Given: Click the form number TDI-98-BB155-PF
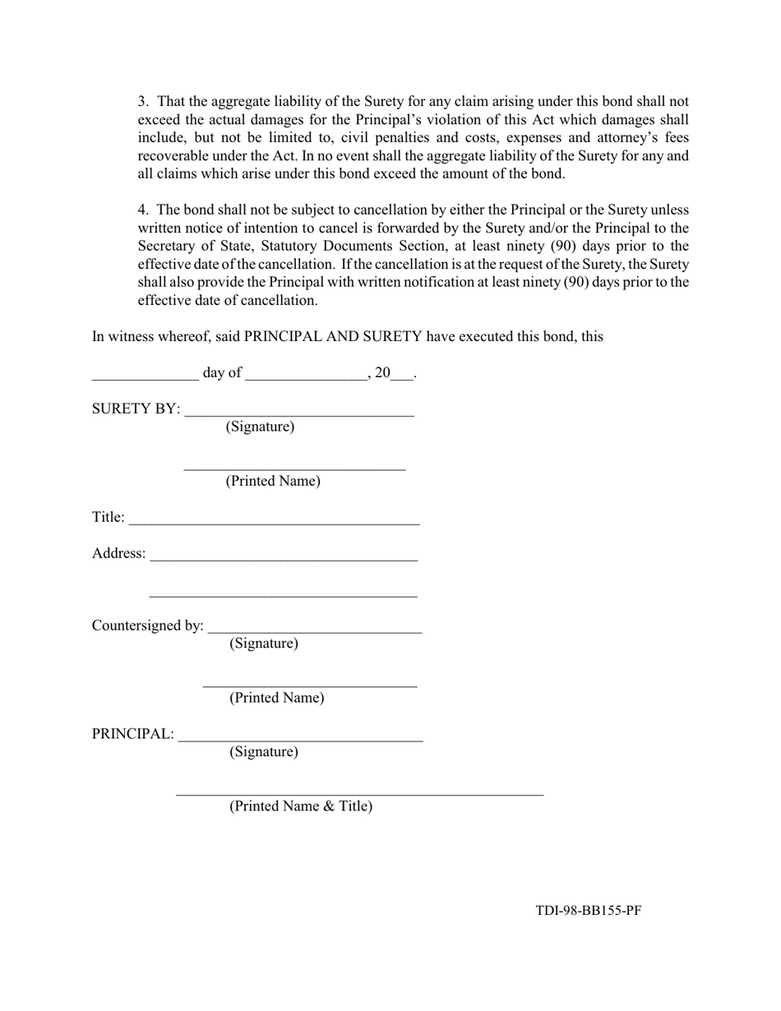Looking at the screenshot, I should (x=588, y=910).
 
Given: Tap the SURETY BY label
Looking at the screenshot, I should (x=136, y=409).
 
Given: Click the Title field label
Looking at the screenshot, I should (x=108, y=517).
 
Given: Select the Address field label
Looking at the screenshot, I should (x=118, y=553).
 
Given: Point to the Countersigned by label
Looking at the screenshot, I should (x=147, y=626).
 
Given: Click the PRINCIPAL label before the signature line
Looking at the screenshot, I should (x=132, y=733).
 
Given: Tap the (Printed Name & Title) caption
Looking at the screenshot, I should (x=300, y=806).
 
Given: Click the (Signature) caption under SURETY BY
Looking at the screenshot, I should (x=260, y=427).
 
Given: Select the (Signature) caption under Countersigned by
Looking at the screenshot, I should (x=263, y=643).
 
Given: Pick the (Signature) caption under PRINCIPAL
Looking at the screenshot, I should (x=263, y=751).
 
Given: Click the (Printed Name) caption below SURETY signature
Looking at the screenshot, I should (x=273, y=481).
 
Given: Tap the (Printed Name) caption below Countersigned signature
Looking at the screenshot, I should (x=276, y=698).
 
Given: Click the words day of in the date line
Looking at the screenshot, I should (x=222, y=372).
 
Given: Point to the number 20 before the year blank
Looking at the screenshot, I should (x=382, y=372).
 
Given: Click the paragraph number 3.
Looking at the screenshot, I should (x=143, y=102).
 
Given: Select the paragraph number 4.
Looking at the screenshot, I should (x=143, y=210).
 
